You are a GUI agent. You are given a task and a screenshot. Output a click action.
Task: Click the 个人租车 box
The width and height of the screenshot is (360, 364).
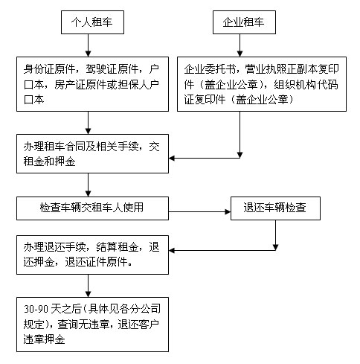pyautogui.click(x=92, y=22)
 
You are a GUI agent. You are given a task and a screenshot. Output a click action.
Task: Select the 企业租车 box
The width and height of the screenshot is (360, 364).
pyautogui.click(x=244, y=22)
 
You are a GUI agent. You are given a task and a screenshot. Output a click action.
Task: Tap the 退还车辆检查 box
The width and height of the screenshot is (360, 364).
pyautogui.click(x=275, y=208)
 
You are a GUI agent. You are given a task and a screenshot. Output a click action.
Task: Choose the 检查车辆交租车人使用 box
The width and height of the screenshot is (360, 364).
pyautogui.click(x=92, y=208)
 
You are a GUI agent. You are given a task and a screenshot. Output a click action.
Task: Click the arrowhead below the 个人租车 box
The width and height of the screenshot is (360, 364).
pyautogui.click(x=88, y=54)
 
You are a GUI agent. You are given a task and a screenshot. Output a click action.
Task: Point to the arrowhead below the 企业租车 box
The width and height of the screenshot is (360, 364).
pyautogui.click(x=240, y=54)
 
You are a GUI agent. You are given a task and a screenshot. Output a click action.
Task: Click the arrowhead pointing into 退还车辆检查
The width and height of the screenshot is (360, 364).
pyautogui.click(x=228, y=211)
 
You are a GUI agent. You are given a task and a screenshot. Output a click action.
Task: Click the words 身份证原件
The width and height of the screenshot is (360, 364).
pyautogui.click(x=49, y=69)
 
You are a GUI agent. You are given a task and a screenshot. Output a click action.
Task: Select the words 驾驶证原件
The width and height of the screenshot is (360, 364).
pyautogui.click(x=112, y=69)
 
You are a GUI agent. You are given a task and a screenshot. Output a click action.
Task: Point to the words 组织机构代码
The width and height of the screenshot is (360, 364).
pyautogui.click(x=306, y=85)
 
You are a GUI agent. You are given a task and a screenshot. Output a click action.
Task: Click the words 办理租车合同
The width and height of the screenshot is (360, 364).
pyautogui.click(x=54, y=147)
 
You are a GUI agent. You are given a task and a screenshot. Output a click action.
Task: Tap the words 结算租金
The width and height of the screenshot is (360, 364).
pyautogui.click(x=117, y=247)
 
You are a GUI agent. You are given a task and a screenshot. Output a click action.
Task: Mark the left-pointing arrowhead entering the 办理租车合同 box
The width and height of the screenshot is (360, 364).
pyautogui.click(x=172, y=158)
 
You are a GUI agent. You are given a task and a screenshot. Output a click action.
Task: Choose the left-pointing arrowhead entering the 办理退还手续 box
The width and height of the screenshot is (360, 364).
pyautogui.click(x=172, y=250)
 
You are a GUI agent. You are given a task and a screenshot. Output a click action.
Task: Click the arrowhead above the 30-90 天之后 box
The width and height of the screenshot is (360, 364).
pyautogui.click(x=88, y=294)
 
